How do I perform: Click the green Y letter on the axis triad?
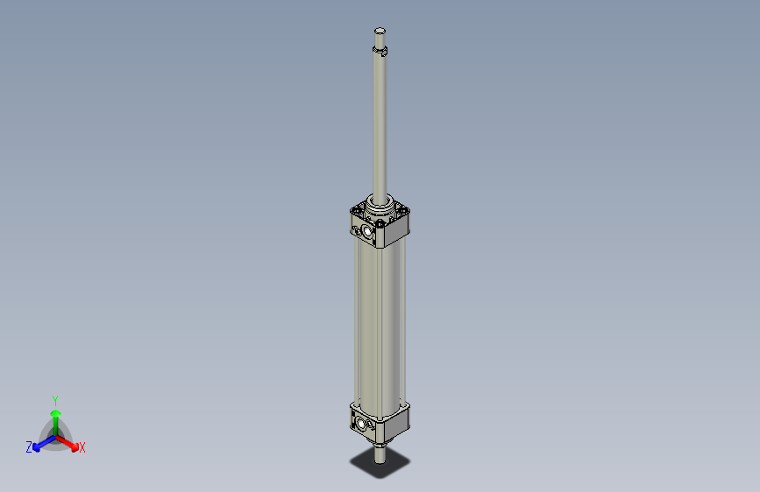pos(54,399)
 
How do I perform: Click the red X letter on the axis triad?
pos(82,448)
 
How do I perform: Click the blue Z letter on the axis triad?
pos(29,446)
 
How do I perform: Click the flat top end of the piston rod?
pos(380,32)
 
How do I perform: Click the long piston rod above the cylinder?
pos(380,123)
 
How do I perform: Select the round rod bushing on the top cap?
pos(380,207)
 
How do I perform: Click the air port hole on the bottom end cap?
pos(363,425)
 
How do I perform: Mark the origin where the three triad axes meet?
pos(55,435)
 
